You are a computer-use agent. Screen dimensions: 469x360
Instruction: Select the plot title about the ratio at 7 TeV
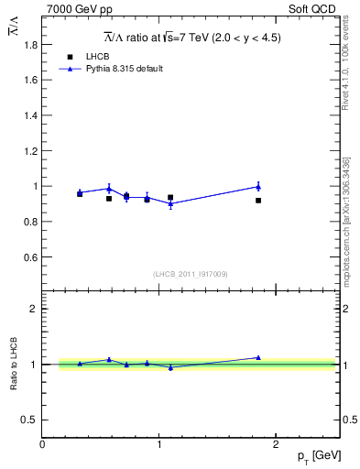coord(191,38)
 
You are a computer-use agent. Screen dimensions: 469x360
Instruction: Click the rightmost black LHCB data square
coord(258,201)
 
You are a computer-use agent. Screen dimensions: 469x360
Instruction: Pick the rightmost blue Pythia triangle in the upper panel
coord(258,186)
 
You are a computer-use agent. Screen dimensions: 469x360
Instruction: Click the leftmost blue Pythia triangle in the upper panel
coord(80,192)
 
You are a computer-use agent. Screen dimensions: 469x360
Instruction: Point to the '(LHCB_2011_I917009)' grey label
coord(191,274)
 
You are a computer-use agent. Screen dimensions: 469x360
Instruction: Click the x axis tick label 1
coord(158,444)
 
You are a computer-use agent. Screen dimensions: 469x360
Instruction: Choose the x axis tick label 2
coord(275,444)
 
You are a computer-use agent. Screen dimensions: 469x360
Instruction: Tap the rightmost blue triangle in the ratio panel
coord(258,357)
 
